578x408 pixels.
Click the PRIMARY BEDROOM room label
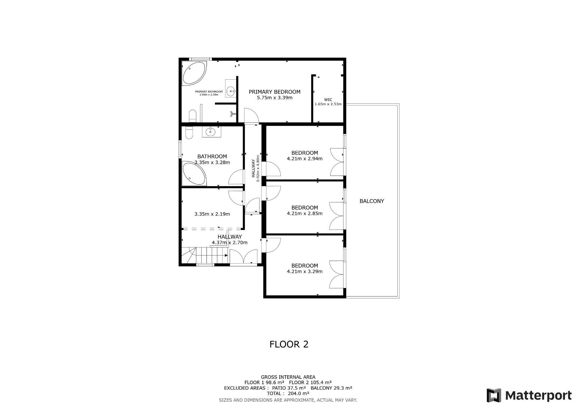pyautogui.click(x=275, y=92)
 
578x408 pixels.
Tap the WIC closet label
pyautogui.click(x=328, y=100)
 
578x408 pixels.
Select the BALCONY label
pyautogui.click(x=372, y=201)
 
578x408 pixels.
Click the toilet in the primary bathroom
pyautogui.click(x=192, y=116)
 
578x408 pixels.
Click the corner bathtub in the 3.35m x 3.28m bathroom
pyautogui.click(x=194, y=173)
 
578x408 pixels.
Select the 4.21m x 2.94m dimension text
pyautogui.click(x=305, y=159)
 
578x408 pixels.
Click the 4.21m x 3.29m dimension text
pyautogui.click(x=305, y=271)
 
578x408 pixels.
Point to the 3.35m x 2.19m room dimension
pyautogui.click(x=212, y=214)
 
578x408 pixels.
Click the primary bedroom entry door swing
pyautogui.click(x=251, y=115)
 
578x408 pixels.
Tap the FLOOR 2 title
pyautogui.click(x=289, y=344)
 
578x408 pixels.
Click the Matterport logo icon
pyautogui.click(x=494, y=395)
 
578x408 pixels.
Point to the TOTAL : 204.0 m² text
pyautogui.click(x=288, y=393)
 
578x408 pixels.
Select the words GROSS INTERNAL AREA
pyautogui.click(x=288, y=377)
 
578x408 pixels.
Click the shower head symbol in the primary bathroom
pyautogui.click(x=232, y=114)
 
